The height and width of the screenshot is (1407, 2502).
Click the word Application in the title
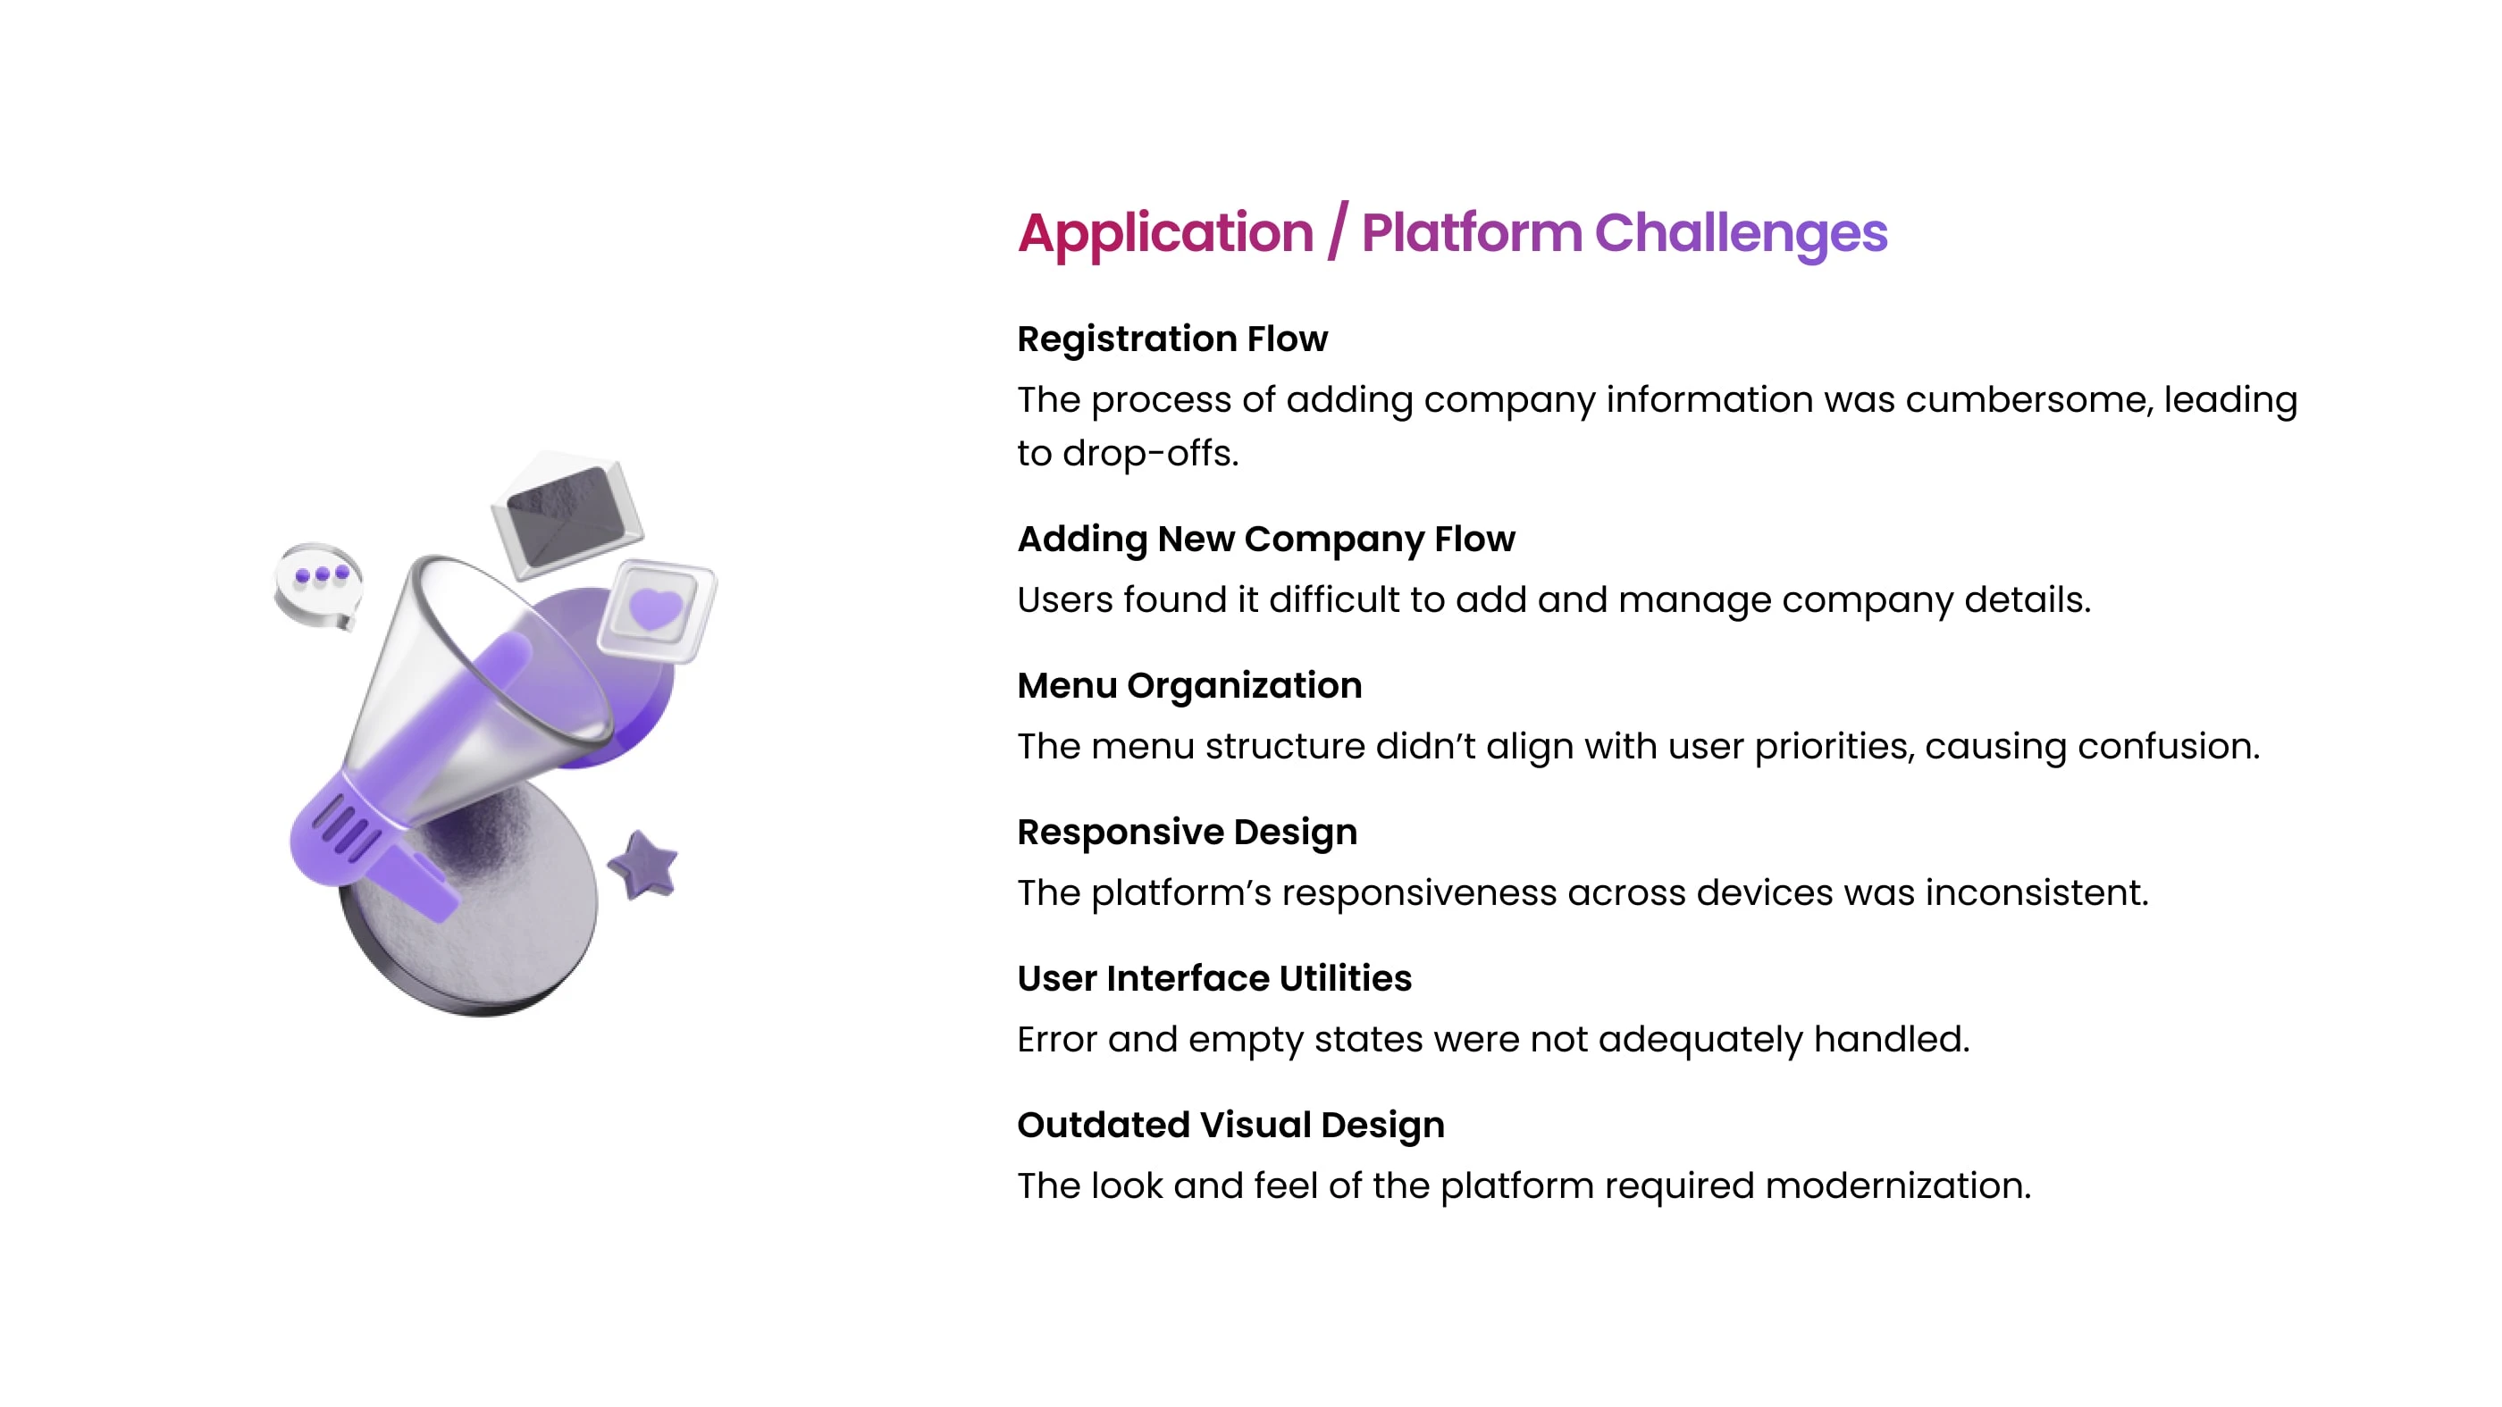pos(1165,234)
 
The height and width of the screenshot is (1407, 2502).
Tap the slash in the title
pos(1338,232)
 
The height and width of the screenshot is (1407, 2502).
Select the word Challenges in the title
pos(1741,234)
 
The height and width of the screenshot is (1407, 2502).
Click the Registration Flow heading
pos(1172,339)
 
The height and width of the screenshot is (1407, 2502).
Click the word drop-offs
pos(1150,454)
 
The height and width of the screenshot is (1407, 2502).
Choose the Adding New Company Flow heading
pos(1265,539)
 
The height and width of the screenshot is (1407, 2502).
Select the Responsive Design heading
pos(1187,833)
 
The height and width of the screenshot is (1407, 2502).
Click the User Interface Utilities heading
pos(1214,978)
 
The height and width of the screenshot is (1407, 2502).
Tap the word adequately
pos(1700,1040)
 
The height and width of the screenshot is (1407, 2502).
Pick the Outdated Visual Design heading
pos(1230,1125)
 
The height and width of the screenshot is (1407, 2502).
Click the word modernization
pos(1898,1185)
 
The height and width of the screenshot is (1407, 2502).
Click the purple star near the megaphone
pos(643,865)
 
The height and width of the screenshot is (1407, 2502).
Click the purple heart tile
pos(657,610)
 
